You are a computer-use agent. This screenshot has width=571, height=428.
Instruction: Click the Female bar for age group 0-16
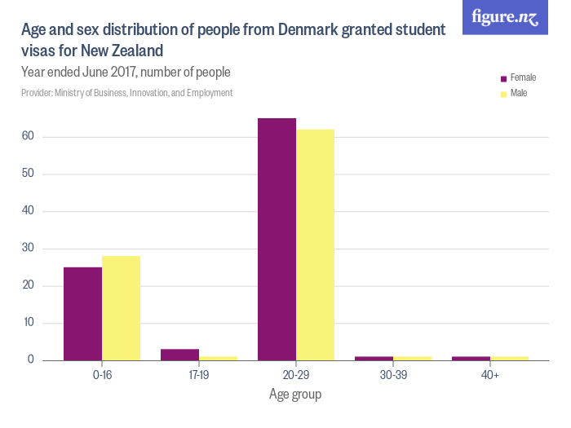82,314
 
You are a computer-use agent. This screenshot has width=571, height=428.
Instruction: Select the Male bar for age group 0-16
121,308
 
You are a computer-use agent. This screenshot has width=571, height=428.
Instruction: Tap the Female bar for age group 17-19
179,355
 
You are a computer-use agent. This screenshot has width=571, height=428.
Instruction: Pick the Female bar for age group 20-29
277,239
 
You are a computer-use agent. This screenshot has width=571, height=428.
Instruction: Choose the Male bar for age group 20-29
315,245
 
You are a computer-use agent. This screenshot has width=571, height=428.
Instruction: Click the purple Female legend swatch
503,78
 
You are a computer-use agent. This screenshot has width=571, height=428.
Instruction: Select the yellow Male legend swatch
503,95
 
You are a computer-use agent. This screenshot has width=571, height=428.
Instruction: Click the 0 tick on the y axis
30,360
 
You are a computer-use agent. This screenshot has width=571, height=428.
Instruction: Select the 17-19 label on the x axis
198,377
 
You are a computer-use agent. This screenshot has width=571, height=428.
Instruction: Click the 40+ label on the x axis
490,377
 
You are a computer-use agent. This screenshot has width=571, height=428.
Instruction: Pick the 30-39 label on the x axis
393,377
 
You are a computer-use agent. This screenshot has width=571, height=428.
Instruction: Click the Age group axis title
295,395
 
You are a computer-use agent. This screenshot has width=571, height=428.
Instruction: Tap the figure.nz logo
505,17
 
